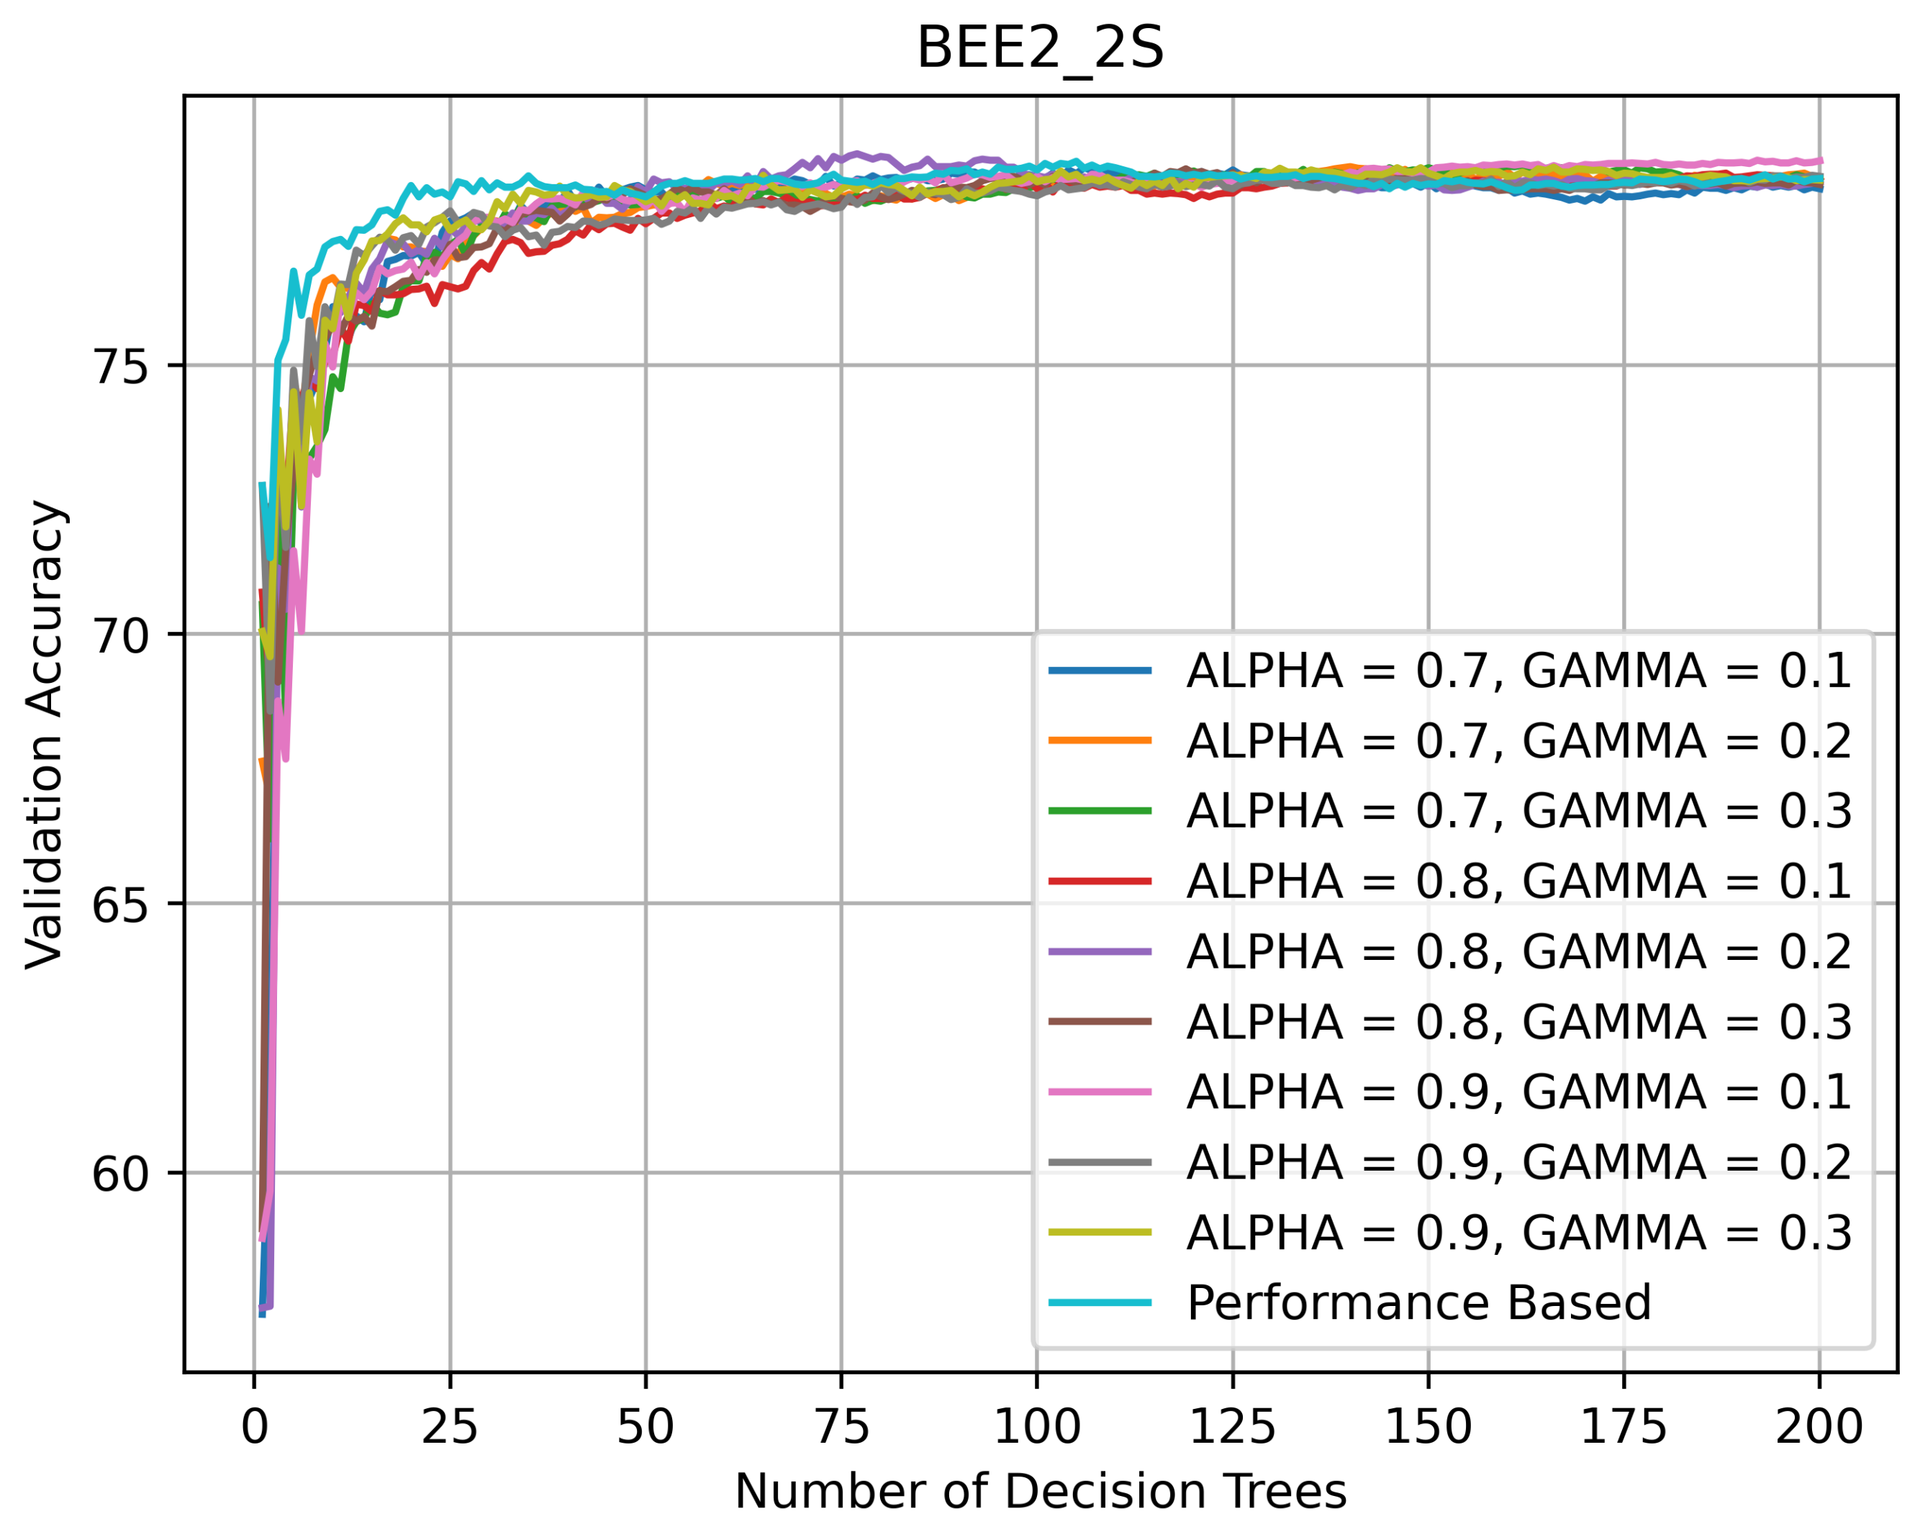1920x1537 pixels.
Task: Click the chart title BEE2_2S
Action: pos(1040,48)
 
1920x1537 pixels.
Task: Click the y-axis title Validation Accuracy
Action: pos(45,735)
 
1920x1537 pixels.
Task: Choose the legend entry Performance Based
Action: pos(1418,1302)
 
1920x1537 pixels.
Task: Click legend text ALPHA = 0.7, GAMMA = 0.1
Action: pos(1518,671)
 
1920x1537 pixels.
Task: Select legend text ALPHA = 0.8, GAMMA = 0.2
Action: pos(1518,951)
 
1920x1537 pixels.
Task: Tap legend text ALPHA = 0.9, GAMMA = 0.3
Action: pos(1518,1233)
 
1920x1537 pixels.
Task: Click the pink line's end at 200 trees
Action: pos(1820,161)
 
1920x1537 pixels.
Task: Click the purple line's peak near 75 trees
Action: pos(856,153)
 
